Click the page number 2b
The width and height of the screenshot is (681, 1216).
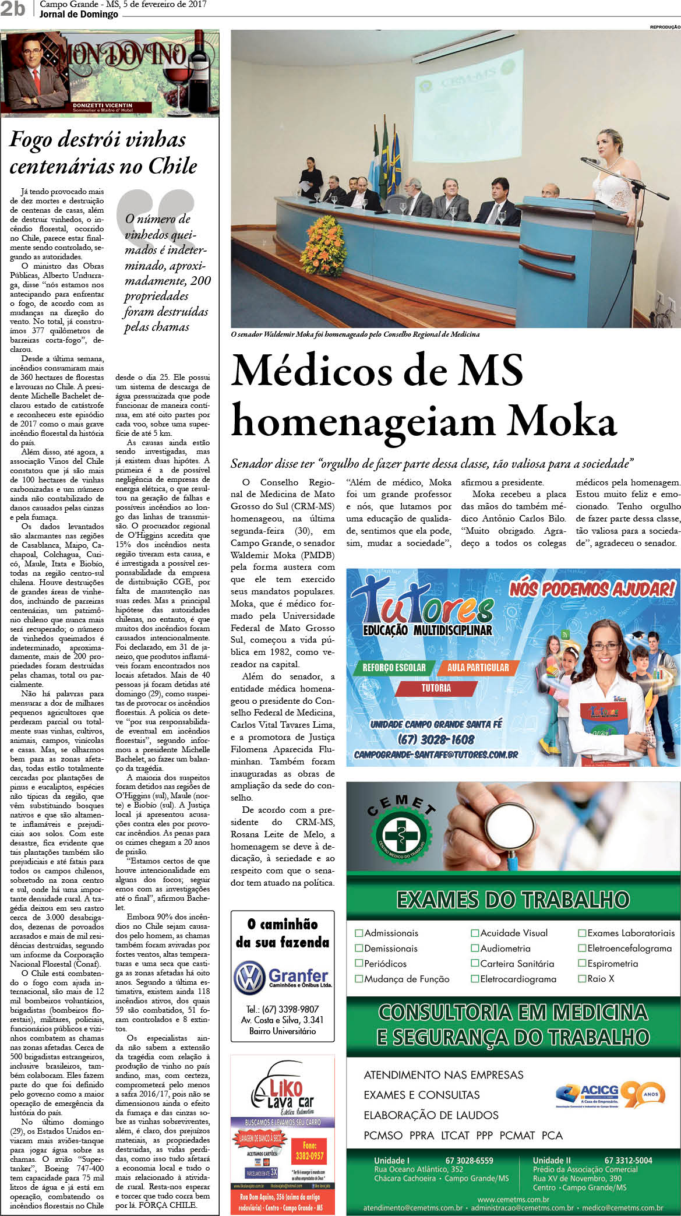pos(13,9)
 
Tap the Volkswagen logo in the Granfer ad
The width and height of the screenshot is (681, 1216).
pos(249,978)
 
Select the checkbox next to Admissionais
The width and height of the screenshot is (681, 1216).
pos(359,933)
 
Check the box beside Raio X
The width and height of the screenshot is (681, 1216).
pos(581,978)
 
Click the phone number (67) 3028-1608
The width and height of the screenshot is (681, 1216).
pos(436,739)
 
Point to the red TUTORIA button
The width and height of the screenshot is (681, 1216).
pos(436,688)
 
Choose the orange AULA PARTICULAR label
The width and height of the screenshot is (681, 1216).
pos(478,668)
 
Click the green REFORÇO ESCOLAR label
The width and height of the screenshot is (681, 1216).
pos(394,668)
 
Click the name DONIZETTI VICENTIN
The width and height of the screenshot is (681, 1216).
pos(103,105)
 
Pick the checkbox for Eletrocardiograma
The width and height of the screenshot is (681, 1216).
pos(475,979)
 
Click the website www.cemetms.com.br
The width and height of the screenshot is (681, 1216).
pos(513,1199)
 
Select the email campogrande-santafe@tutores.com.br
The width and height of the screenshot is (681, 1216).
pos(436,755)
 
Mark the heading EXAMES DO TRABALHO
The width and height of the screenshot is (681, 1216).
pos(513,900)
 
